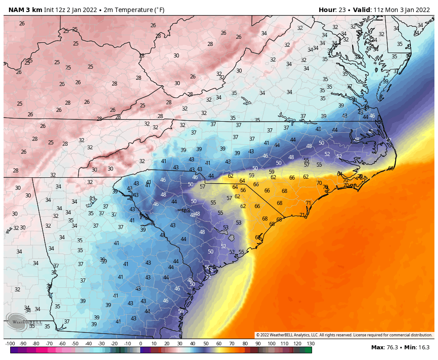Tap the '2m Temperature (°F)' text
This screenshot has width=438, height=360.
tap(134, 10)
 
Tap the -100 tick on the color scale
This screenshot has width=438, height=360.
tap(10, 344)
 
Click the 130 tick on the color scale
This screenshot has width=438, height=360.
tap(310, 344)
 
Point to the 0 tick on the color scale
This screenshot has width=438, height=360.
tap(141, 344)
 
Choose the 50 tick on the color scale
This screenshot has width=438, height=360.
tap(206, 344)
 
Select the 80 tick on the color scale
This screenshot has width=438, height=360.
tap(245, 344)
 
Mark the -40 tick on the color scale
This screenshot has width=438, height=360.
tap(88, 344)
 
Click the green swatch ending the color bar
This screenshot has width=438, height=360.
tap(308, 350)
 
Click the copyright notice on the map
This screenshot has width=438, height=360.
tap(344, 335)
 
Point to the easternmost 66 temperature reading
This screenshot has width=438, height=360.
tap(391, 168)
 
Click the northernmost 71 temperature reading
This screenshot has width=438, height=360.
tap(308, 203)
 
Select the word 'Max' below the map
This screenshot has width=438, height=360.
tap(377, 347)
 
